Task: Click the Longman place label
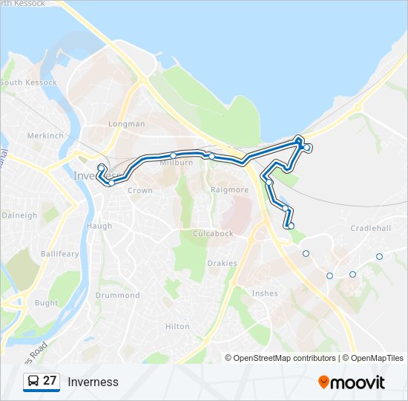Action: click(126, 124)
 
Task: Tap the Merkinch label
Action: click(45, 136)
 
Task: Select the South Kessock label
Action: click(27, 82)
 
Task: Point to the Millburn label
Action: click(177, 163)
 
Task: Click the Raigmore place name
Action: click(230, 190)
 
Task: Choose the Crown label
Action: click(140, 191)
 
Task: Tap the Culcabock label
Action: click(213, 233)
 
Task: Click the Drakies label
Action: click(223, 263)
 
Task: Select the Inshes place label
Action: click(265, 293)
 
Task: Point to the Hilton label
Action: click(177, 326)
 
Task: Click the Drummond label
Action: click(118, 296)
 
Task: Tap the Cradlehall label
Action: click(371, 228)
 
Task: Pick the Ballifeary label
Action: click(60, 254)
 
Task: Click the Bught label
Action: click(46, 303)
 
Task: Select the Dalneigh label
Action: click(19, 215)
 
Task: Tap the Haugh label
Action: click(99, 226)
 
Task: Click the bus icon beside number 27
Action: click(33, 381)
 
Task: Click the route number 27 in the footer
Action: click(50, 381)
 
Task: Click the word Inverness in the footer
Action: click(93, 382)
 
